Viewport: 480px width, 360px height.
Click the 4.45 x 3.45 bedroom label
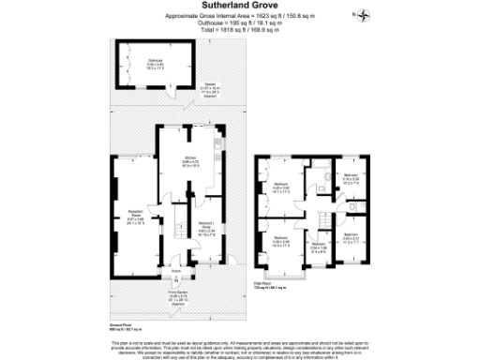281,186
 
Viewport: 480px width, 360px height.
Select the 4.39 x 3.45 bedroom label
280,241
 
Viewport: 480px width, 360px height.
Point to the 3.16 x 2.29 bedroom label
350,178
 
